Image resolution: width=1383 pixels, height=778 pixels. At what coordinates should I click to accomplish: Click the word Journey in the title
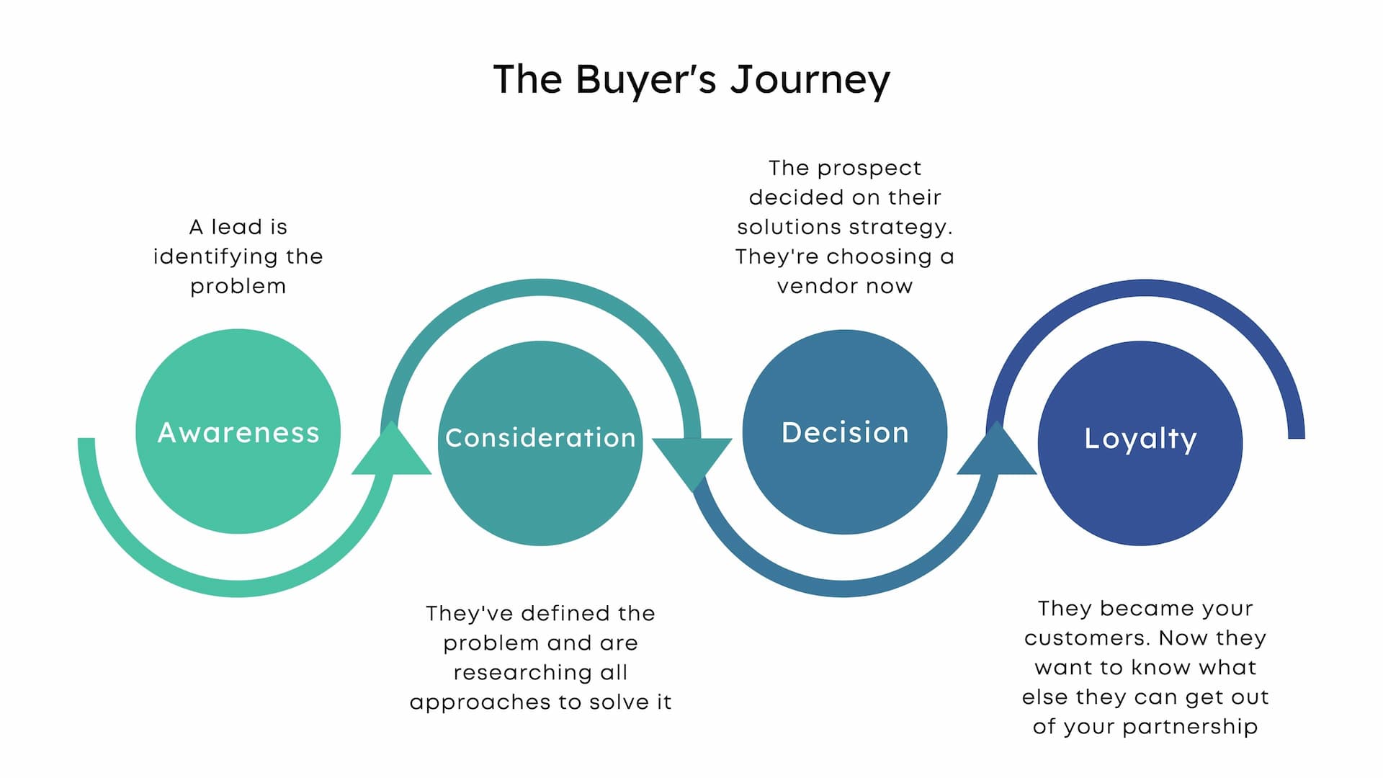(810, 80)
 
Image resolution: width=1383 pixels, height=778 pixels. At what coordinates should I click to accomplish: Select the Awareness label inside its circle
(238, 432)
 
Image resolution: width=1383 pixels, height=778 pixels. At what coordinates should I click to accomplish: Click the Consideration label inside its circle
(540, 438)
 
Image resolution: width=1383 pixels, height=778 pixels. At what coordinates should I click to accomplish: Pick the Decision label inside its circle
(845, 432)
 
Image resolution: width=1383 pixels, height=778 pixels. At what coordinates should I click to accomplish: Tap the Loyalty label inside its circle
(1140, 438)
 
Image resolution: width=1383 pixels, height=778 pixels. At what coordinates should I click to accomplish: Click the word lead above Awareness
(236, 227)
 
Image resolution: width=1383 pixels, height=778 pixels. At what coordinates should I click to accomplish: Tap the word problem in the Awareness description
(238, 287)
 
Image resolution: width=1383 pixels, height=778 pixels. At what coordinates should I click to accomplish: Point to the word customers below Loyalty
(1087, 638)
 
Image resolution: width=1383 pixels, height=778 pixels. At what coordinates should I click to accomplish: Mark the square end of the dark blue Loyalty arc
(1296, 432)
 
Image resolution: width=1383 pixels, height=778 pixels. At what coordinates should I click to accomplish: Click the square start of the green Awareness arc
(86, 444)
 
